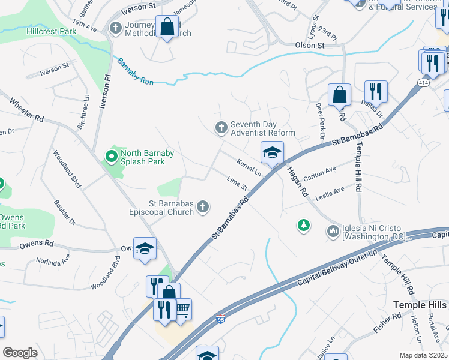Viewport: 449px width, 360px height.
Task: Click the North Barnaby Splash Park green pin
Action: (111, 157)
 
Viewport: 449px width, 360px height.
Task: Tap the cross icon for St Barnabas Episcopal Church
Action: (203, 207)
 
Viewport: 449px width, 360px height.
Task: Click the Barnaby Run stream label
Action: (135, 71)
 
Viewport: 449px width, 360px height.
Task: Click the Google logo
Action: (20, 352)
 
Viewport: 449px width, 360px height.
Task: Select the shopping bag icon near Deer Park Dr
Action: (339, 94)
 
